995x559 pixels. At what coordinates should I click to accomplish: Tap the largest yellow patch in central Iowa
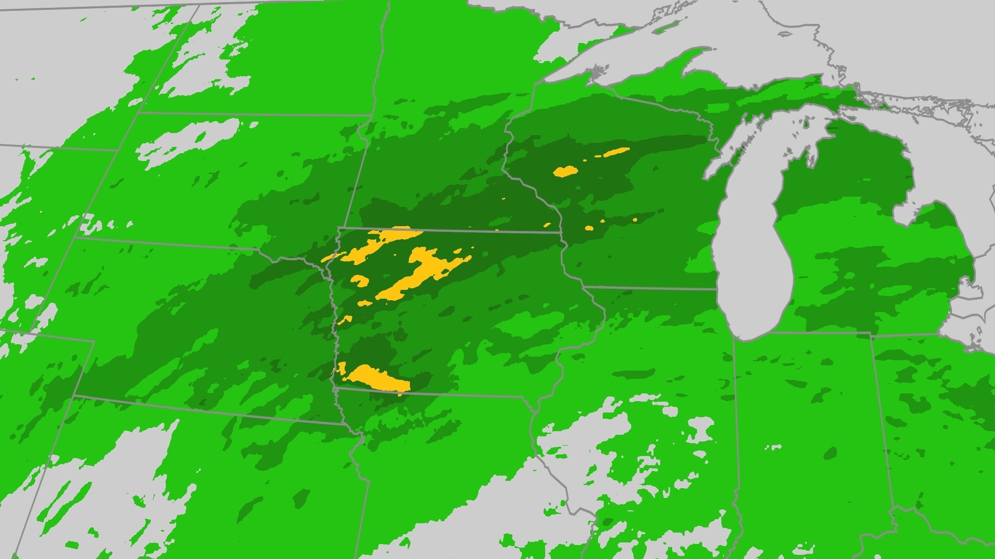tap(422, 274)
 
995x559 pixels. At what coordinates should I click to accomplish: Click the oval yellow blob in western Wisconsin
tap(565, 171)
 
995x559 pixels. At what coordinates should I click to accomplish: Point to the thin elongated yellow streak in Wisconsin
tap(614, 152)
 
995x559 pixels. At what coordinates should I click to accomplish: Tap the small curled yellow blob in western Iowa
tap(360, 281)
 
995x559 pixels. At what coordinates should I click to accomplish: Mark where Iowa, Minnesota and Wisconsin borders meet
tap(561, 232)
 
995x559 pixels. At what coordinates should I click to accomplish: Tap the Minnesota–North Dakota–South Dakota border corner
tap(371, 115)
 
